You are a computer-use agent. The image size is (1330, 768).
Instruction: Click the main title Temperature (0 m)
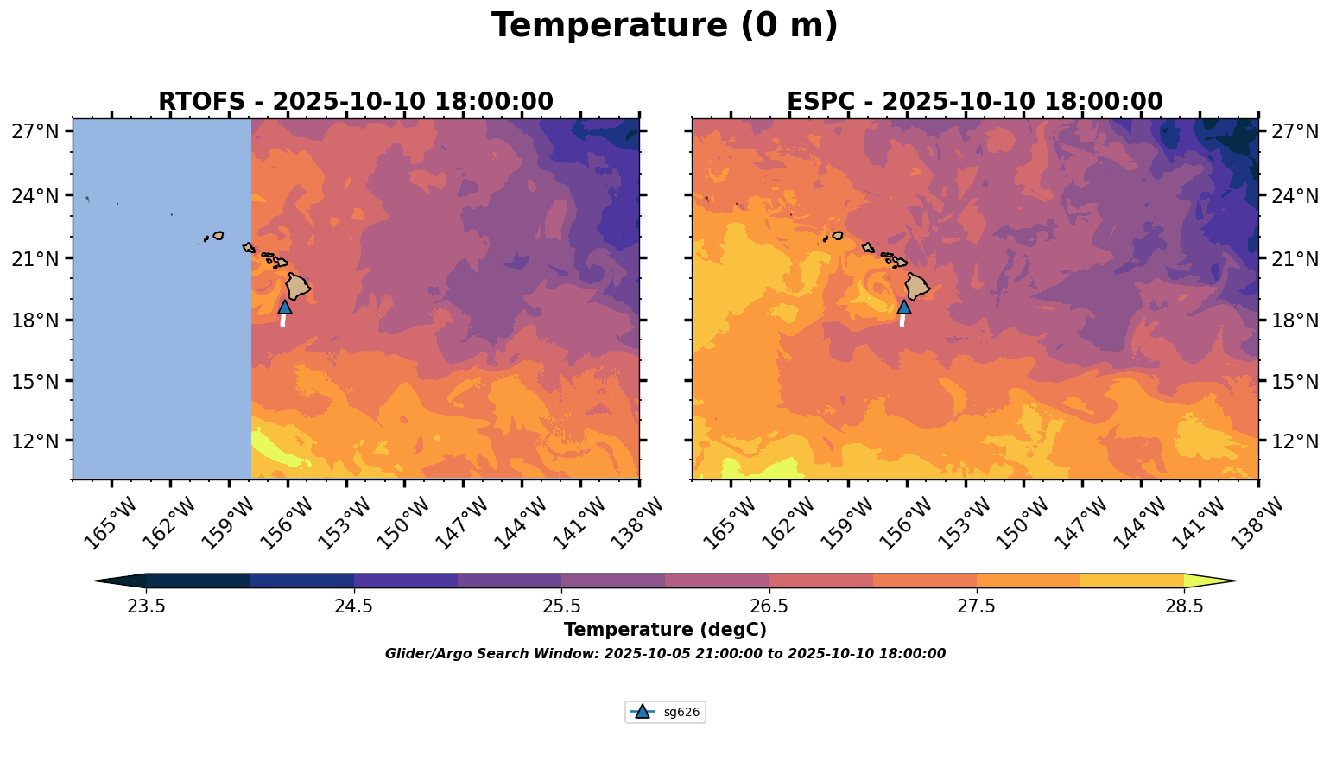[x=664, y=26]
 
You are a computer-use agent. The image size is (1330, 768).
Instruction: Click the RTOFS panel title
[x=355, y=102]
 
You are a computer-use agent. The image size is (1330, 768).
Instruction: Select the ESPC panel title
[x=974, y=102]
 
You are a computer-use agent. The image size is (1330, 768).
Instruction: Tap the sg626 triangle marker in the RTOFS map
[x=285, y=307]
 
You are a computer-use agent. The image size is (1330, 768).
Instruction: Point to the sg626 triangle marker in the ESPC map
[x=903, y=307]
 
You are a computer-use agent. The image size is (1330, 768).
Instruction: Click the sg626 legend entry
[x=665, y=712]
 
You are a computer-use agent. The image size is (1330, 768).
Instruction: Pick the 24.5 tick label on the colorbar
[x=354, y=606]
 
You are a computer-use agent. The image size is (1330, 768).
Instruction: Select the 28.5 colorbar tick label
[x=1184, y=606]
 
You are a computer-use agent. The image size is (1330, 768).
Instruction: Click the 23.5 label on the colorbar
[x=146, y=606]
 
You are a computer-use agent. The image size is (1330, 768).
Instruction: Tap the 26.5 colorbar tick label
[x=769, y=606]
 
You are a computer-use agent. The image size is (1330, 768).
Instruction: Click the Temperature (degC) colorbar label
[x=665, y=630]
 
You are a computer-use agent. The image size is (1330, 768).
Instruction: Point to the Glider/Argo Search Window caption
[x=665, y=654]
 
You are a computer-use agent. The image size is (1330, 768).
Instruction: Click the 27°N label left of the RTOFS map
[x=35, y=132]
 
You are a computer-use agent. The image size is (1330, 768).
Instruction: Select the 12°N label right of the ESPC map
[x=1296, y=441]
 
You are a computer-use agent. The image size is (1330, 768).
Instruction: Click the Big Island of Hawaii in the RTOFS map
[x=298, y=286]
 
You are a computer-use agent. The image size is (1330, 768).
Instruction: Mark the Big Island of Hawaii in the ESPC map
[x=917, y=286]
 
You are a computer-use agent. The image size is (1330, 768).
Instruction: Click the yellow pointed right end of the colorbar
[x=1209, y=581]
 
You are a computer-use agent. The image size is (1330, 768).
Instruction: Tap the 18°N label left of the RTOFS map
[x=35, y=321]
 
